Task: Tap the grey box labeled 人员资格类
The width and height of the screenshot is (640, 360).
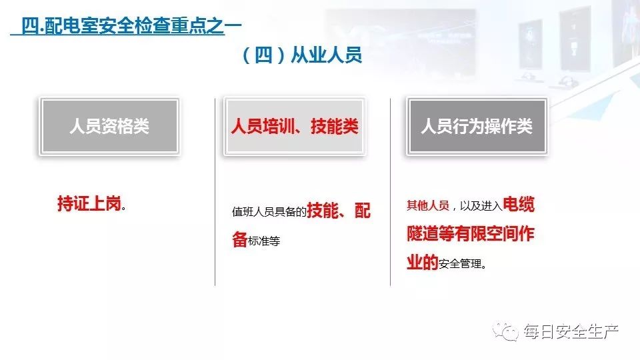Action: coord(109,127)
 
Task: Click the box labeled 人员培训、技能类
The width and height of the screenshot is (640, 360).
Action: coord(294,127)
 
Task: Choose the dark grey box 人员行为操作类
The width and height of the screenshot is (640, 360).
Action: coord(477,127)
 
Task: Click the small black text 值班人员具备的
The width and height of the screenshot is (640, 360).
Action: coord(269,213)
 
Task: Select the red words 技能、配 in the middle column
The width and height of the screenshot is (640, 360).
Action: coord(339,211)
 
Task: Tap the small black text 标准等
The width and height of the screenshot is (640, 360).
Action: coord(264,241)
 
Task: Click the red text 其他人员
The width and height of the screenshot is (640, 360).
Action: coord(427,205)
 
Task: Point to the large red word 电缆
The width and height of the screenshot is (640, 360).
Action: coord(519,205)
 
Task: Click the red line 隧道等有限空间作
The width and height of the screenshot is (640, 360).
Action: coord(471,234)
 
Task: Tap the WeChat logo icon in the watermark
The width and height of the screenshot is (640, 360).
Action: coord(510,331)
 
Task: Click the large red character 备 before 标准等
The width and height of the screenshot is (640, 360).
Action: coord(240,240)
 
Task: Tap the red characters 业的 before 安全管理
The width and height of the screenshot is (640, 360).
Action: coord(422,263)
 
